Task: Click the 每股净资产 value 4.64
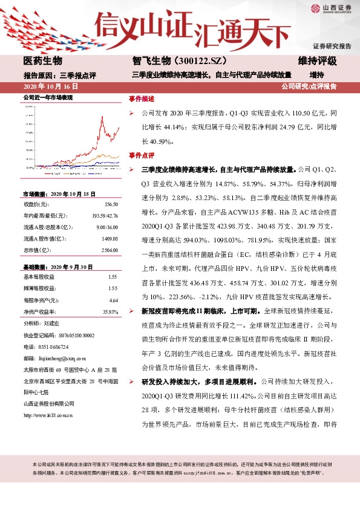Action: pyautogui.click(x=113, y=300)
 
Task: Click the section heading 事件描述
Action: pyautogui.click(x=142, y=98)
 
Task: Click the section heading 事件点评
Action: pyautogui.click(x=142, y=155)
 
